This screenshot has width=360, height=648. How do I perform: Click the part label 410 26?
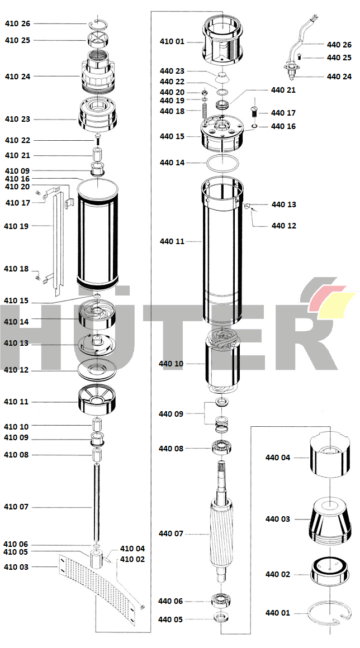18,23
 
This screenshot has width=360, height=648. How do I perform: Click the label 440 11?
172,241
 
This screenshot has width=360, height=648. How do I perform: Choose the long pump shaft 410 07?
97,503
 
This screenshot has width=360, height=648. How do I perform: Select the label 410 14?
17,322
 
